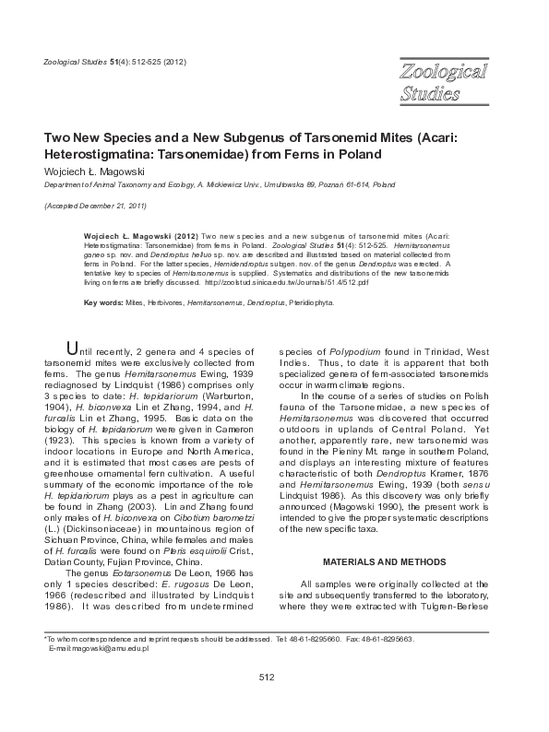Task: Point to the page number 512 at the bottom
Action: [x=267, y=677]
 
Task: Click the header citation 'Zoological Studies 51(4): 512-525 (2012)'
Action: [x=115, y=61]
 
